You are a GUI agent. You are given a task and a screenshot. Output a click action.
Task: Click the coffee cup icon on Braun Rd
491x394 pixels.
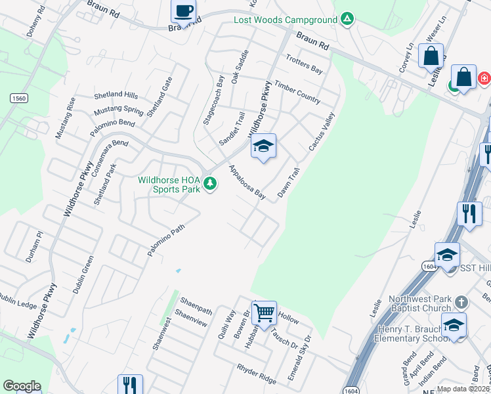(x=183, y=11)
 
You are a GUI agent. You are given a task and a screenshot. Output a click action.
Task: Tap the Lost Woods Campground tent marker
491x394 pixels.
(x=347, y=19)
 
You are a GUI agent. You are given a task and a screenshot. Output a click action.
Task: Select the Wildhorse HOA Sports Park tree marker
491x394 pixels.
(x=210, y=183)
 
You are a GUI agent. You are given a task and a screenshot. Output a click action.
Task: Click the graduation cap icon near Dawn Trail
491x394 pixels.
(x=263, y=146)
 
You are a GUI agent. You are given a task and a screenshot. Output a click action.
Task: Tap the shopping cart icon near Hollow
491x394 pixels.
(x=264, y=313)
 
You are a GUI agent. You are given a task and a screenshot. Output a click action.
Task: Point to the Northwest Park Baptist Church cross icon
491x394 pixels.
(x=461, y=302)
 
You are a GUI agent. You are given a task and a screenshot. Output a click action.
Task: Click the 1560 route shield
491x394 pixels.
(x=18, y=98)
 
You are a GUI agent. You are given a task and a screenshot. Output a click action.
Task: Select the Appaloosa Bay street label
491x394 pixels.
(x=247, y=182)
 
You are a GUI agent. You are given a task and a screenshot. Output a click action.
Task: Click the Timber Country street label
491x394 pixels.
(x=297, y=93)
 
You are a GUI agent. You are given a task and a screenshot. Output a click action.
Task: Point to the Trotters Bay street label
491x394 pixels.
(x=305, y=64)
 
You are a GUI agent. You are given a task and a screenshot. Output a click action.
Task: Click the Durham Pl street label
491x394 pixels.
(x=33, y=247)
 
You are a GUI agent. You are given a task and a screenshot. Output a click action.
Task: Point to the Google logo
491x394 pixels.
(x=22, y=386)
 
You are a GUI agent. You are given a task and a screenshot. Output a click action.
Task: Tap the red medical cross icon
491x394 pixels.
(x=484, y=78)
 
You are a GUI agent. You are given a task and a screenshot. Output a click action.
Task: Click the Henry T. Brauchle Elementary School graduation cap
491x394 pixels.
(x=454, y=325)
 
